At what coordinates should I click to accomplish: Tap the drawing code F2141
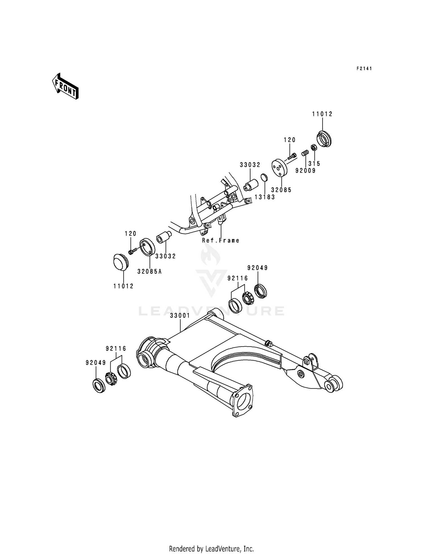364,69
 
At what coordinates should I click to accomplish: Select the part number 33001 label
180,316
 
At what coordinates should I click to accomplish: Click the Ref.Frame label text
221,241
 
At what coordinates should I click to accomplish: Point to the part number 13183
265,197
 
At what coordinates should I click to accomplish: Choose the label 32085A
149,272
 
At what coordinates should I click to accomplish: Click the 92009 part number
305,171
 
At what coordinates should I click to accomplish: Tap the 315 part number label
314,164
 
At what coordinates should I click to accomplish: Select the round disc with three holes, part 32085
279,168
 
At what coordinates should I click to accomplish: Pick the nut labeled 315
313,147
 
